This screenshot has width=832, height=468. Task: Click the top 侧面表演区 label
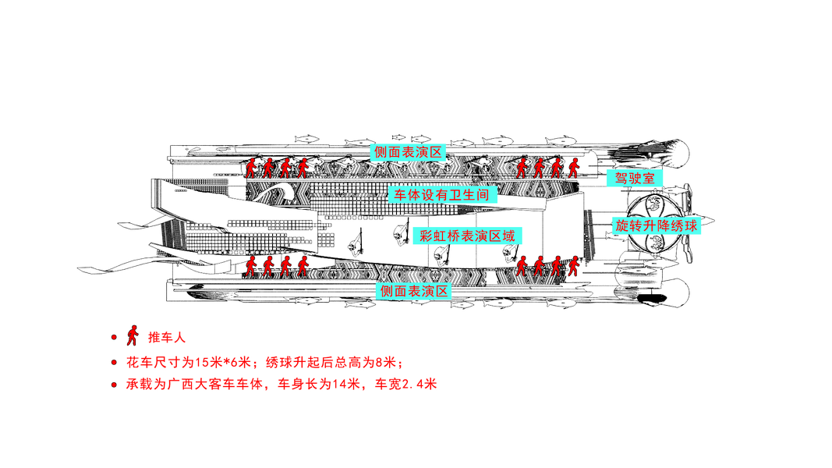click(x=407, y=151)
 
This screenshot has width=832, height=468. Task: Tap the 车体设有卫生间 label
click(x=442, y=195)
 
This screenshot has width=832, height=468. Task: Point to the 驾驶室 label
click(x=635, y=178)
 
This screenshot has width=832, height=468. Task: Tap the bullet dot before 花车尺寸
click(x=114, y=363)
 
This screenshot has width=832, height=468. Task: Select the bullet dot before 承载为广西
click(x=114, y=385)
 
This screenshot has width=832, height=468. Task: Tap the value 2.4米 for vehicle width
click(x=421, y=385)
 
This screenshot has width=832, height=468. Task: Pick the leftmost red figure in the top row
click(x=250, y=168)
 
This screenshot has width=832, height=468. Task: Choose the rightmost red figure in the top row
click(x=573, y=167)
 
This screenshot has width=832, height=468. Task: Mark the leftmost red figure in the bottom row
click(x=250, y=266)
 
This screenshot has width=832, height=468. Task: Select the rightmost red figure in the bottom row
click(x=573, y=266)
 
